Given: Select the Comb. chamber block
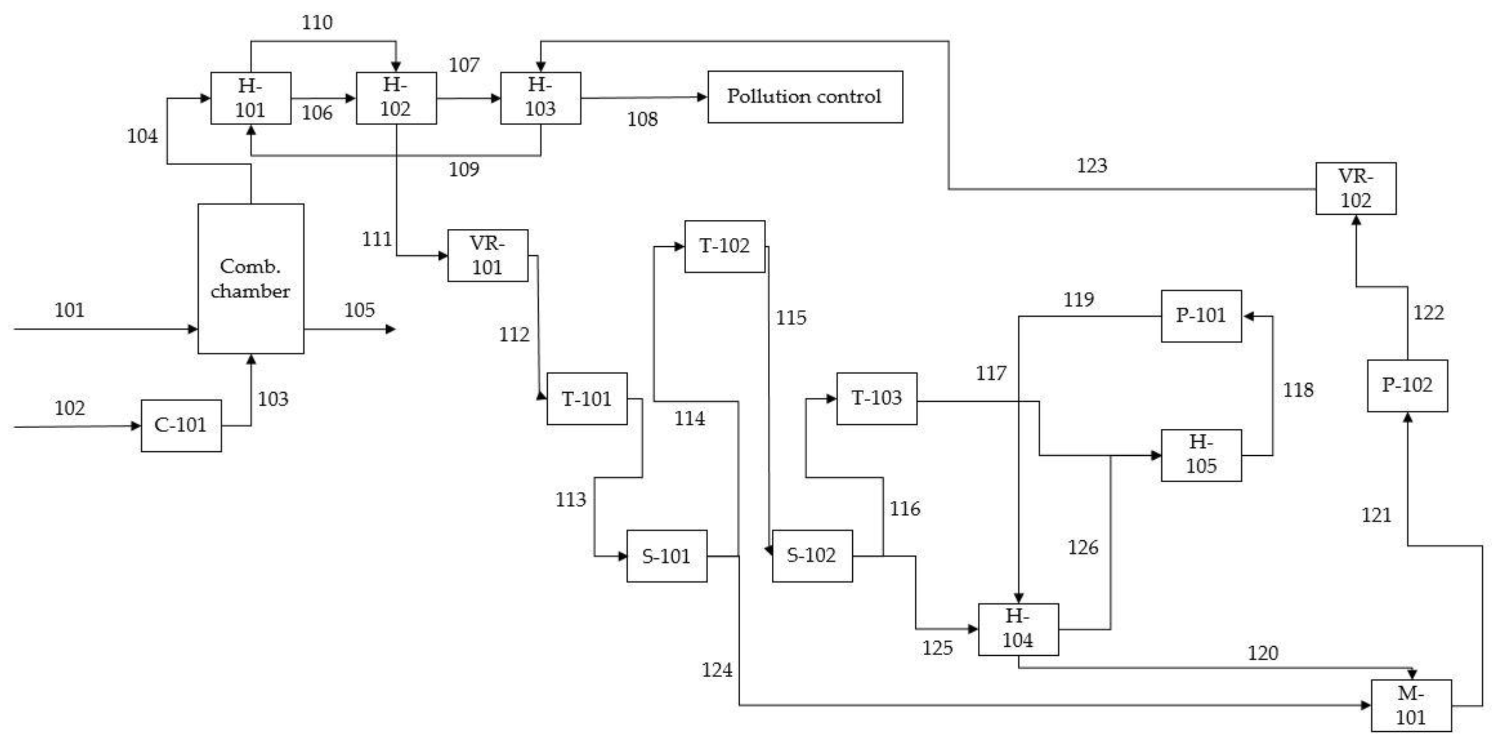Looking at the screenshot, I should [251, 279].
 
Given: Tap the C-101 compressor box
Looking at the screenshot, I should [181, 425].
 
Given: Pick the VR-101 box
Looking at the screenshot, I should [487, 255].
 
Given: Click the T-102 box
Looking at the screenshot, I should [724, 246].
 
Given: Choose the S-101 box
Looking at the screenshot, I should [667, 555].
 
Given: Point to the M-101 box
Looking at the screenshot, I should [1410, 705].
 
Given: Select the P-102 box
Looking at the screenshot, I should [1407, 385].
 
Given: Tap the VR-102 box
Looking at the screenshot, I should [1355, 188].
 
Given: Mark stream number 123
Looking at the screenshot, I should [1091, 166].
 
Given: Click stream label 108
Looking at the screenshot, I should [642, 119].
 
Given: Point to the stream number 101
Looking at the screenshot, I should [70, 310].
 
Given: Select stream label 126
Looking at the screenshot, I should [1083, 547].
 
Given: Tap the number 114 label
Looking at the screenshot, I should [689, 418].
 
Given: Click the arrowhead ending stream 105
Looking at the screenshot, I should [391, 329].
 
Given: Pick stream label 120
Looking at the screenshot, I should [1263, 654].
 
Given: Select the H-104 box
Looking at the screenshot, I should [1018, 629].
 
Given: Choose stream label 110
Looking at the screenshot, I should [317, 23].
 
